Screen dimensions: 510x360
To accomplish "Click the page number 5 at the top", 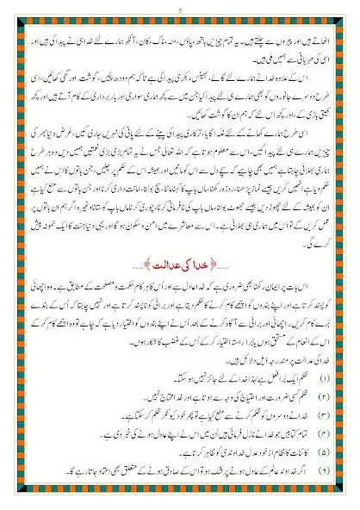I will [180, 9].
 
